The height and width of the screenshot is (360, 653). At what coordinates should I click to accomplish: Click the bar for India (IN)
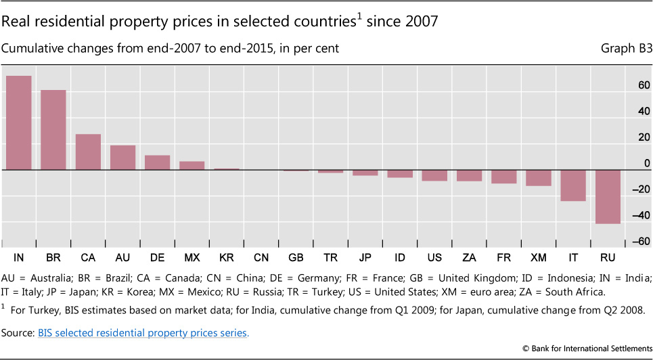[18, 122]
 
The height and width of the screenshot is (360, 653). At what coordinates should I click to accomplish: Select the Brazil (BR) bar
[53, 130]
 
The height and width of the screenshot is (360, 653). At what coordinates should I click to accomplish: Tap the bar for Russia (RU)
[606, 196]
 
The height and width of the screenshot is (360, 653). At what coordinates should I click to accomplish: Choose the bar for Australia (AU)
[122, 157]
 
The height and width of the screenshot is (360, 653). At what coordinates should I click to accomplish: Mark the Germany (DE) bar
[157, 162]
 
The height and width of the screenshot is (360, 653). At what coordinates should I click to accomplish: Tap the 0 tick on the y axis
[646, 164]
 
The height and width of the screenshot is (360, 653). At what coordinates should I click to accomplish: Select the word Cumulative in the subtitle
[30, 49]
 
